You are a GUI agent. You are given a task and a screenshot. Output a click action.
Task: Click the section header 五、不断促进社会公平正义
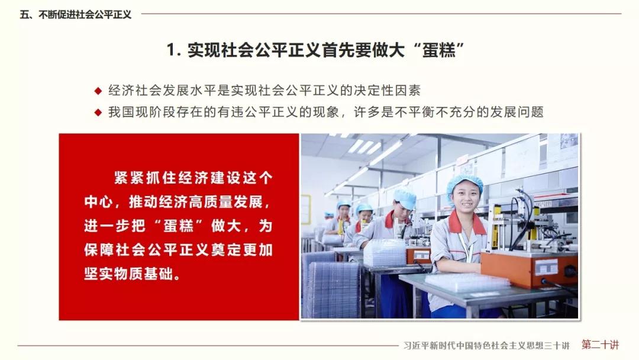(x=75, y=15)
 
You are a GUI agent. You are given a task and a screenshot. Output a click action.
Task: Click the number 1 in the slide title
(x=172, y=50)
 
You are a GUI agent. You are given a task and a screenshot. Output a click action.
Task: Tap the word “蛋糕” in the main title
(x=438, y=50)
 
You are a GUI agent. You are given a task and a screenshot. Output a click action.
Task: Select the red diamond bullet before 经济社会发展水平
(x=98, y=91)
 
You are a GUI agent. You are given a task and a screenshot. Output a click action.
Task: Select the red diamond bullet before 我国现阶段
(x=98, y=112)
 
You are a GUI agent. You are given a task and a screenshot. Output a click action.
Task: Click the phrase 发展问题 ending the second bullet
(x=517, y=112)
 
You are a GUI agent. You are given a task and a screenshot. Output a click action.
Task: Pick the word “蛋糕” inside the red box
(x=178, y=226)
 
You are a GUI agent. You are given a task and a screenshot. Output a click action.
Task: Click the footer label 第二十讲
(x=601, y=345)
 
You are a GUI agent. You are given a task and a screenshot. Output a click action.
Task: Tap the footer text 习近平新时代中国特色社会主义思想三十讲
(x=486, y=346)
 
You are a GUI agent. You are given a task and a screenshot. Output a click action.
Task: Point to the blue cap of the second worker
(x=404, y=198)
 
